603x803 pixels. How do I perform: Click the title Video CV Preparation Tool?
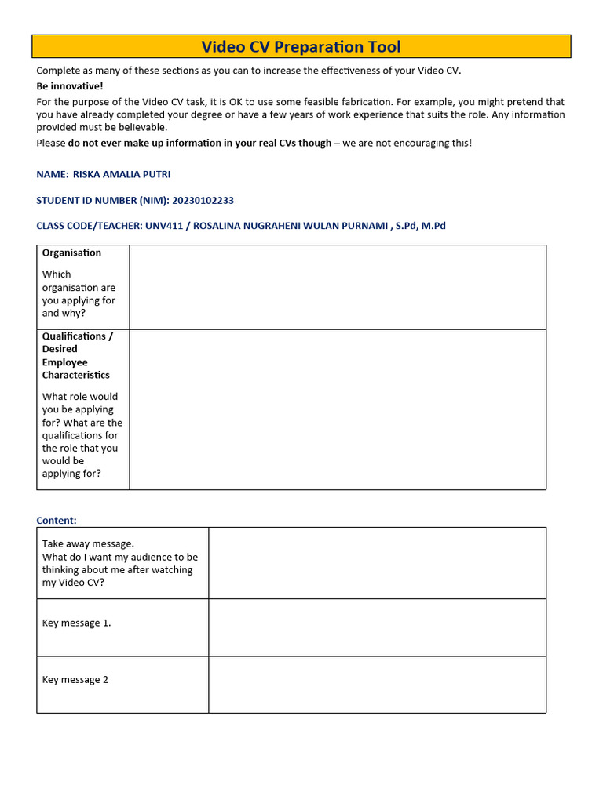click(x=301, y=46)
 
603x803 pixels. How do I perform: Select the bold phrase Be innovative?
click(x=70, y=86)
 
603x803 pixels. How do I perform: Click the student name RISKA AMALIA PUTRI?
click(x=121, y=174)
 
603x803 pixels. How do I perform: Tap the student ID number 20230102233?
click(x=203, y=200)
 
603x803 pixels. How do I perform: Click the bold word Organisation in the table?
click(x=71, y=253)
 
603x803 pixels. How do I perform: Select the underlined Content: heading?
click(x=57, y=520)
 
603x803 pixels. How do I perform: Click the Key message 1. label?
click(x=76, y=623)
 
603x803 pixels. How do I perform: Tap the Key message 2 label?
click(x=75, y=679)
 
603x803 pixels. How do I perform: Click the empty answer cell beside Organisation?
click(x=338, y=287)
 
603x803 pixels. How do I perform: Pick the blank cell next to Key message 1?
click(x=377, y=627)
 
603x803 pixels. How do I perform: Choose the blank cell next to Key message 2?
click(x=377, y=685)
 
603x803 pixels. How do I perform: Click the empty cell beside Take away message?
click(x=377, y=563)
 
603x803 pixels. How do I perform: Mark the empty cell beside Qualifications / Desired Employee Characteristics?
click(x=338, y=409)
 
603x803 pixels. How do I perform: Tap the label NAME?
click(x=53, y=174)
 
